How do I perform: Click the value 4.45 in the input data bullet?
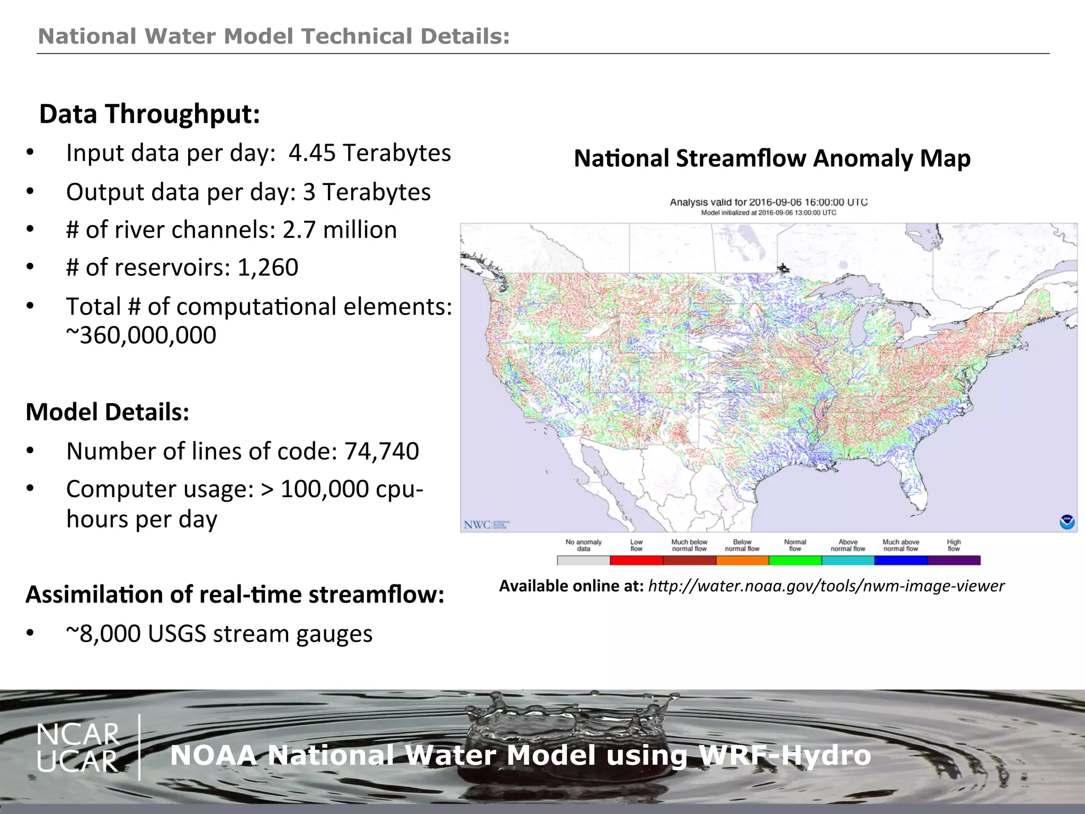(312, 153)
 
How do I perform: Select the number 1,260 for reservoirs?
(268, 267)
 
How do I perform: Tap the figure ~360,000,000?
(141, 335)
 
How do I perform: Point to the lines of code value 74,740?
(381, 452)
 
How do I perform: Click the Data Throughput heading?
(150, 114)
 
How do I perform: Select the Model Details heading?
(108, 412)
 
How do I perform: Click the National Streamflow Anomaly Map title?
(772, 158)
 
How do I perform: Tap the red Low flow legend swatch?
(636, 560)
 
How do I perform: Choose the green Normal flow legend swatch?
(795, 560)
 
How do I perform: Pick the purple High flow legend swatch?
(954, 560)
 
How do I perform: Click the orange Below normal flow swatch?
(742, 560)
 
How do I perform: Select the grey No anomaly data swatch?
(583, 560)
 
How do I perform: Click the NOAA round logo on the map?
(1067, 522)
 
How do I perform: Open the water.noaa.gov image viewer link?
(826, 586)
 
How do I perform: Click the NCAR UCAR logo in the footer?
(78, 748)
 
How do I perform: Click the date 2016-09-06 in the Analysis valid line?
(775, 202)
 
